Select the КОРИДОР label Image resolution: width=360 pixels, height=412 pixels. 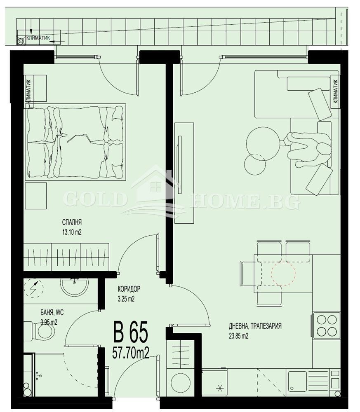(x=129, y=289)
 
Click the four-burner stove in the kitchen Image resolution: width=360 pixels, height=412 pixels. (x=326, y=325)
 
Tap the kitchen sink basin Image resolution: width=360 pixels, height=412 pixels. (x=297, y=379)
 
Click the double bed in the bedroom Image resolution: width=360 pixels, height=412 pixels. (x=76, y=142)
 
